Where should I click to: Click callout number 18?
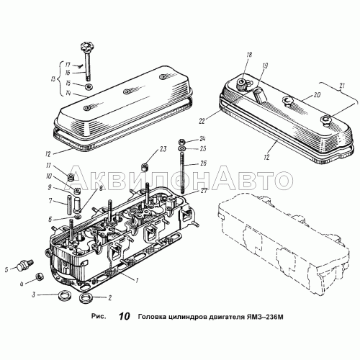pyautogui.click(x=249, y=55)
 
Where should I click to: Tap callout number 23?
pyautogui.click(x=163, y=150)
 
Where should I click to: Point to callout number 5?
pyautogui.click(x=6, y=269)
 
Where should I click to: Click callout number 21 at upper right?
pyautogui.click(x=343, y=86)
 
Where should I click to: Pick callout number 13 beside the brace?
pyautogui.click(x=53, y=79)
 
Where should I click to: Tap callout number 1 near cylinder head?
pyautogui.click(x=137, y=280)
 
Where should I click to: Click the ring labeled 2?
pyautogui.click(x=84, y=297)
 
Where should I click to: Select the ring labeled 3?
pyautogui.click(x=64, y=295)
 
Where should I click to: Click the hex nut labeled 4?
pyautogui.click(x=40, y=277)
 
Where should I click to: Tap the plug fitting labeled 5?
pyautogui.click(x=25, y=264)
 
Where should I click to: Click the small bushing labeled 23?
pyautogui.click(x=145, y=166)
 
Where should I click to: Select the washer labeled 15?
pyautogui.click(x=89, y=86)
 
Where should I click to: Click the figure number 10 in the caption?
pyautogui.click(x=125, y=316)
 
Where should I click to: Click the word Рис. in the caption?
pyautogui.click(x=99, y=317)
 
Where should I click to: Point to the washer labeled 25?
pyautogui.click(x=181, y=148)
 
